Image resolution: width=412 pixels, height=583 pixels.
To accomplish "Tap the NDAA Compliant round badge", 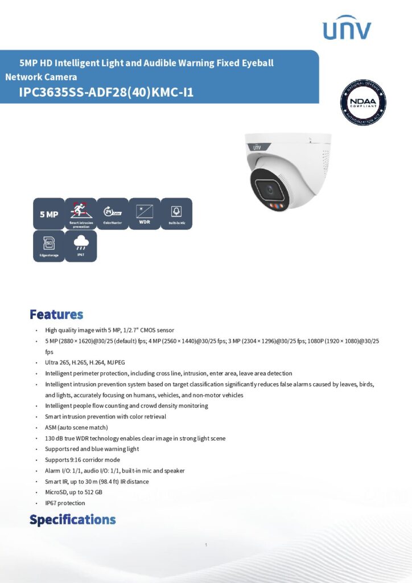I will pyautogui.click(x=363, y=102).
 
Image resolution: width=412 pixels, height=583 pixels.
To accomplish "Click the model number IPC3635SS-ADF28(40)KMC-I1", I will pyautogui.click(x=106, y=92).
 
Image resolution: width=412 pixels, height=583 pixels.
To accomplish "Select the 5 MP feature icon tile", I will pyautogui.click(x=49, y=214).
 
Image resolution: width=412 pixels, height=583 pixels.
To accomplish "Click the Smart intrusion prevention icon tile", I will pyautogui.click(x=81, y=214).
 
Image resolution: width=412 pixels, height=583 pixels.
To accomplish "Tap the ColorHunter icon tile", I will pyautogui.click(x=113, y=214).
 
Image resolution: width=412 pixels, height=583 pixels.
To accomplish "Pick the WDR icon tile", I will pyautogui.click(x=145, y=214).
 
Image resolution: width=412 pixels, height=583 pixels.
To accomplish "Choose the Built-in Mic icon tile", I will pyautogui.click(x=176, y=214).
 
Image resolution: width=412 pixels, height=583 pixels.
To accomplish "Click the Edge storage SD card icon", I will pyautogui.click(x=49, y=245).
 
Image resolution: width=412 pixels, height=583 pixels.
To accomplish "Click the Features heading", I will pyautogui.click(x=56, y=314).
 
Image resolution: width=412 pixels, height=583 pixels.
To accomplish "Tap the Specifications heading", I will pyautogui.click(x=72, y=519).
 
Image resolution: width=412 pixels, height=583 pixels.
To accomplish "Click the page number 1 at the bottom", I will pyautogui.click(x=205, y=545).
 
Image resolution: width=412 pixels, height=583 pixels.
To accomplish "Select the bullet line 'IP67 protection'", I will pyautogui.click(x=65, y=503).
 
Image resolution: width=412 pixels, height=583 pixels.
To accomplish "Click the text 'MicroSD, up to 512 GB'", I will pyautogui.click(x=73, y=492).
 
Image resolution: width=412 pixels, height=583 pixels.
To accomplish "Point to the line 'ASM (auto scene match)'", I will pyautogui.click(x=76, y=428).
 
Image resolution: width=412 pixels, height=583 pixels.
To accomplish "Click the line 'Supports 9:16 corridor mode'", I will pyautogui.click(x=83, y=459).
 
